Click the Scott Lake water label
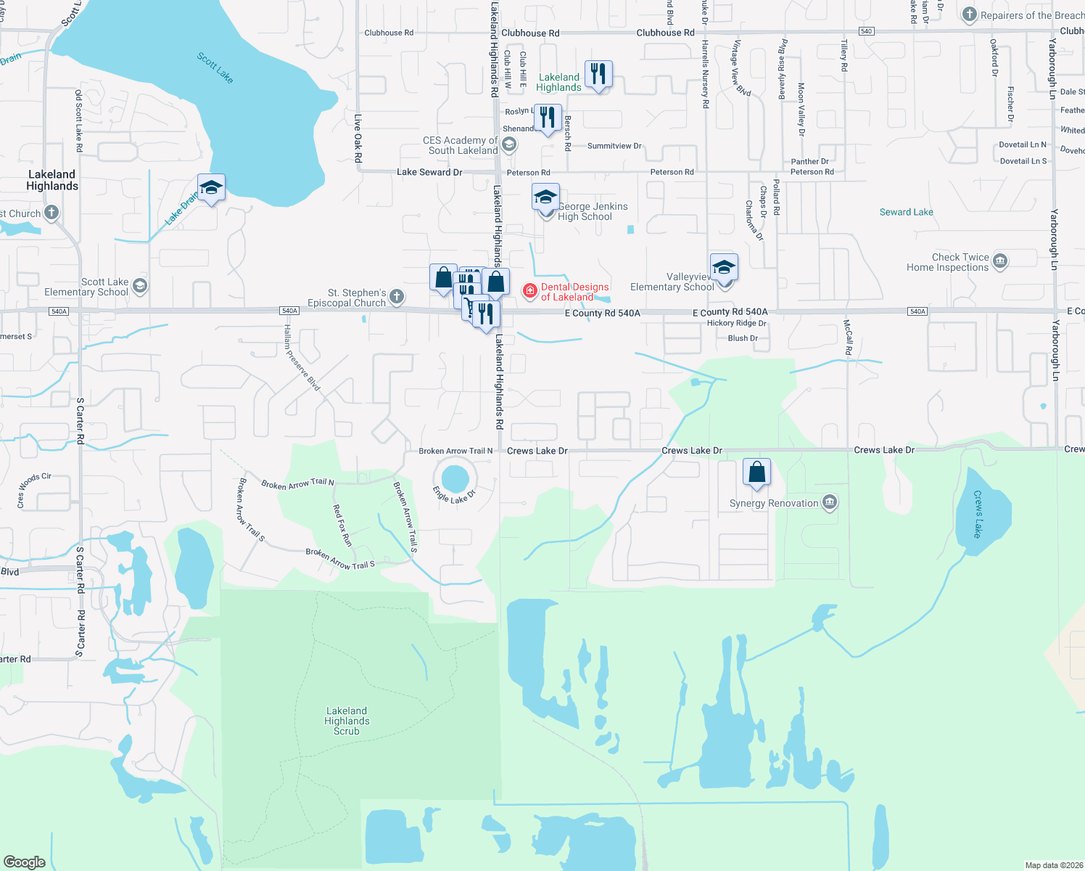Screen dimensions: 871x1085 click(x=215, y=68)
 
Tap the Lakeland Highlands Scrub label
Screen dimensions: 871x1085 click(x=347, y=721)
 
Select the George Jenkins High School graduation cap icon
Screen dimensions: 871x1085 click(x=545, y=197)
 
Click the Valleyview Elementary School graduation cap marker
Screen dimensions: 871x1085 click(x=723, y=267)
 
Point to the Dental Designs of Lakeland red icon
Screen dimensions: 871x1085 click(x=530, y=291)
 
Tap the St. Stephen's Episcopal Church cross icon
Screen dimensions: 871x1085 click(x=396, y=296)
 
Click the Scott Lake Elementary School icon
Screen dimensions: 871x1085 click(x=139, y=286)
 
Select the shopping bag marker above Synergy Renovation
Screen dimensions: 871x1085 click(x=756, y=473)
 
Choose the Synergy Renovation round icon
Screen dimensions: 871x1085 click(x=830, y=502)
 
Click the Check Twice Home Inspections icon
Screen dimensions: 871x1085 click(x=1000, y=261)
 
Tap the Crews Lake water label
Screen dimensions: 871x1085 click(x=978, y=514)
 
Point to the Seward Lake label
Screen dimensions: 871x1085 click(x=906, y=212)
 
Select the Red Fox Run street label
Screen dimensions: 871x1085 click(x=342, y=526)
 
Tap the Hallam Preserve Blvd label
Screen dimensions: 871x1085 click(x=302, y=358)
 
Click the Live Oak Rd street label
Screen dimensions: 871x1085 click(x=358, y=137)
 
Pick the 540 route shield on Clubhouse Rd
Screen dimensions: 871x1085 click(x=866, y=31)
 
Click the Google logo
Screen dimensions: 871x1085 click(x=24, y=862)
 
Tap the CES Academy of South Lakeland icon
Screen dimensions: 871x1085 click(x=509, y=144)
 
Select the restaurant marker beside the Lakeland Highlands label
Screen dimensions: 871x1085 click(x=598, y=74)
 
